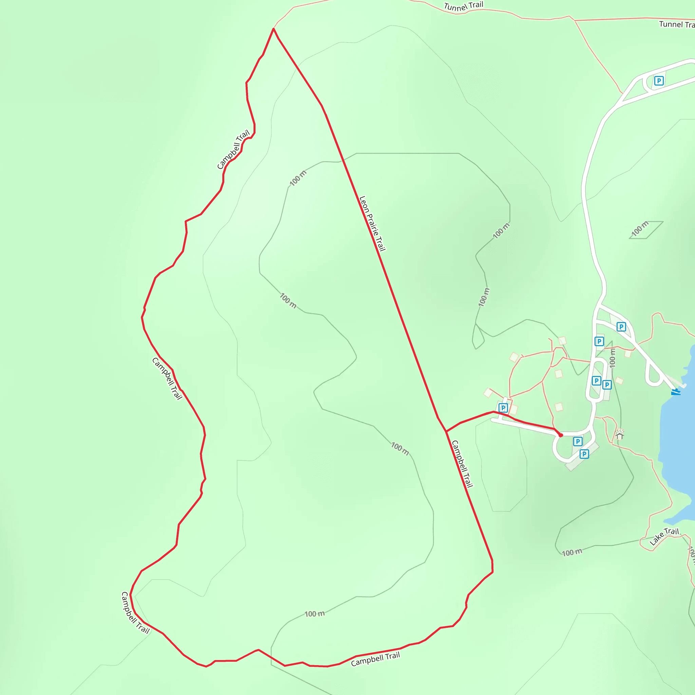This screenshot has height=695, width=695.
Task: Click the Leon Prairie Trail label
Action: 372,223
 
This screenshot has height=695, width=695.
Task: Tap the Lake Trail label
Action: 664,537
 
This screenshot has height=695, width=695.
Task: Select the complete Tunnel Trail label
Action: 463,6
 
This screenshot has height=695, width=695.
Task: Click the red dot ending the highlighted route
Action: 561,435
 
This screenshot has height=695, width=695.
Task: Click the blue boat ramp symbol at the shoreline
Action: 676,391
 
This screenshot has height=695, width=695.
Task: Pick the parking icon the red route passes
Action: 503,408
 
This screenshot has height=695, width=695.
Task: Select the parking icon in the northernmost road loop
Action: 659,80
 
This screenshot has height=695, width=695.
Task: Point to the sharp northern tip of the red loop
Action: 274,29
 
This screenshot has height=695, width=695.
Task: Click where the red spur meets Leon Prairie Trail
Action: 446,431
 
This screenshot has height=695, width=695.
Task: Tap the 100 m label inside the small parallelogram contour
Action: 640,229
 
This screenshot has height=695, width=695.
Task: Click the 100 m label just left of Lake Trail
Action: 572,552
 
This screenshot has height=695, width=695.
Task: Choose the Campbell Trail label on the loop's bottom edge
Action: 375,659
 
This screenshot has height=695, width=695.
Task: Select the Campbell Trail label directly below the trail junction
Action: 462,464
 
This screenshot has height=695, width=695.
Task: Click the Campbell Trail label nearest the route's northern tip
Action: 233,150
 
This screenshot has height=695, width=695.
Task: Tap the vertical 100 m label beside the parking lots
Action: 613,358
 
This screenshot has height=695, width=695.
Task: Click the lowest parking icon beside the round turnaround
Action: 584,454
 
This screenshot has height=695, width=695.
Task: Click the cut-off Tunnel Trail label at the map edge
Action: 677,24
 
